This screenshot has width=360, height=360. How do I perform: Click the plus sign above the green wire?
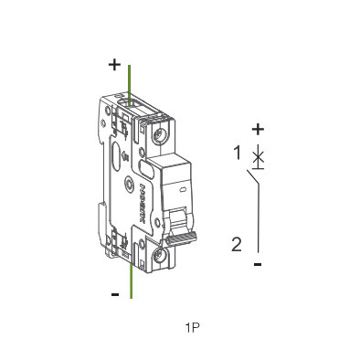pyautogui.click(x=114, y=65)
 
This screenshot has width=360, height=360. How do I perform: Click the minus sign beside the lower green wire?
pyautogui.click(x=114, y=294)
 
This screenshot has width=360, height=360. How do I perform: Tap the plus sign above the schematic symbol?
pyautogui.click(x=258, y=129)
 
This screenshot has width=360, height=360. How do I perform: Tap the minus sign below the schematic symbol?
pyautogui.click(x=258, y=264)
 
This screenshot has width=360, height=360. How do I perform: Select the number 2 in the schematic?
pyautogui.click(x=237, y=244)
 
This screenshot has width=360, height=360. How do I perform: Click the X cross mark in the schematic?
pyautogui.click(x=259, y=157)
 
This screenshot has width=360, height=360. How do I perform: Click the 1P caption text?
pyautogui.click(x=192, y=326)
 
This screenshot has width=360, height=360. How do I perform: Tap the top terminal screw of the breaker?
pyautogui.click(x=162, y=134)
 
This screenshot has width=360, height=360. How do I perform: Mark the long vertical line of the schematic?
pyautogui.click(x=259, y=224)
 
